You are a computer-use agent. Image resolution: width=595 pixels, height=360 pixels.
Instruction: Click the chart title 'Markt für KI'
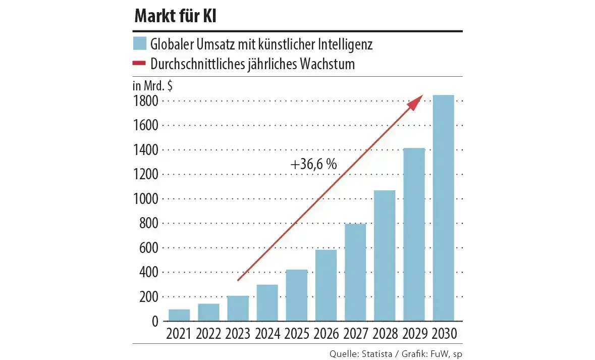(176, 16)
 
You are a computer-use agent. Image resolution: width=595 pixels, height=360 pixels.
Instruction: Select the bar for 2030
(443, 208)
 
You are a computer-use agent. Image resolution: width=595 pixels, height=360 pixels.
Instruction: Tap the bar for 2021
(179, 315)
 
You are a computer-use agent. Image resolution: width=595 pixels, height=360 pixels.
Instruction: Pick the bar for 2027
(355, 272)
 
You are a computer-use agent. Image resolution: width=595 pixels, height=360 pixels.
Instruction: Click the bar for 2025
(297, 295)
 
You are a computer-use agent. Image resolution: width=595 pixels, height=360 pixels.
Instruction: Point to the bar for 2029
(414, 234)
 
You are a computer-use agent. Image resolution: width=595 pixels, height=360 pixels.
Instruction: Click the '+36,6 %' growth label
(313, 164)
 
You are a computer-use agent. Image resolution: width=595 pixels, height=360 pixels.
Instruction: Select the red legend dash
(139, 64)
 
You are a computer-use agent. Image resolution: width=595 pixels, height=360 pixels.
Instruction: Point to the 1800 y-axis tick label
(146, 101)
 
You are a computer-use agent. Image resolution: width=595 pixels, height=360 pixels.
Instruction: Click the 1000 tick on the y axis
(146, 199)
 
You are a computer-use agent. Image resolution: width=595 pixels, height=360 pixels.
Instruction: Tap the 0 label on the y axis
(154, 321)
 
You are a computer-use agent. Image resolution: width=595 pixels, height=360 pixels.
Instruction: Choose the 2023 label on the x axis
(238, 334)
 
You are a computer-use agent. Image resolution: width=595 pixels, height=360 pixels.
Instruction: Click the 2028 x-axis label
(385, 334)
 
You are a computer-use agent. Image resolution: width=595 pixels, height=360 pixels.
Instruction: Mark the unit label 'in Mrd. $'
(152, 85)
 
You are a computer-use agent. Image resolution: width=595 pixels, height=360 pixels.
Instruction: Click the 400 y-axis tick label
(148, 272)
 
